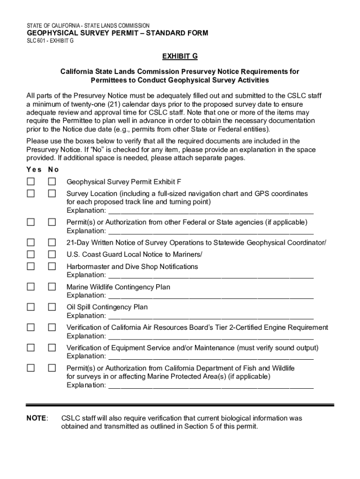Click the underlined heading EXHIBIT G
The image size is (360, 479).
coord(180,57)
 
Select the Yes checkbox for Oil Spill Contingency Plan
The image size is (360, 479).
coord(31,307)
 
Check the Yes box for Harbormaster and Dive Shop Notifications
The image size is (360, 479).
coord(31,267)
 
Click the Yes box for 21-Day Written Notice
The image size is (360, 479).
coord(31,242)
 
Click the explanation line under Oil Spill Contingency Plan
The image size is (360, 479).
coord(210,316)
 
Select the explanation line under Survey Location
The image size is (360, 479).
coord(210,211)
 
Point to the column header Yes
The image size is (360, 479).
coord(34,169)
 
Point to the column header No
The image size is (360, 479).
coord(54,169)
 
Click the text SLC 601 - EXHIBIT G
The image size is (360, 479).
coord(50,41)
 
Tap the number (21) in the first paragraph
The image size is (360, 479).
coord(116,104)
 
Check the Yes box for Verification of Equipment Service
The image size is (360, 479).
coord(31,348)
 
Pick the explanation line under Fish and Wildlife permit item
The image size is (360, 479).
coord(210,386)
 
